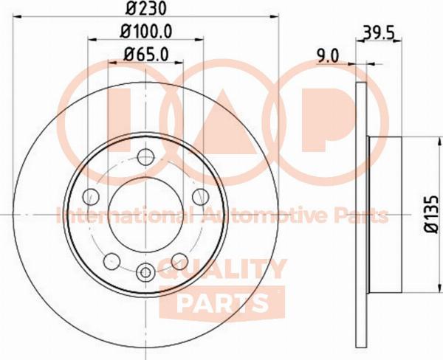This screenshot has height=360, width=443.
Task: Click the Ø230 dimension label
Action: point(145,8)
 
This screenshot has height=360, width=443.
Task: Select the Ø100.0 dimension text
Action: point(146,31)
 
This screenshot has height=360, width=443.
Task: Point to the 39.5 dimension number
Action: point(378,32)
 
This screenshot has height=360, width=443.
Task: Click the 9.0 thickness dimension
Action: point(328,55)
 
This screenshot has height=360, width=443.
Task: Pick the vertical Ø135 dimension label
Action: point(432,215)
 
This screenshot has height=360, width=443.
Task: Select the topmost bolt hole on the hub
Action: point(145,157)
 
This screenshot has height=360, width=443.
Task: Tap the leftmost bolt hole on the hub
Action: point(91,197)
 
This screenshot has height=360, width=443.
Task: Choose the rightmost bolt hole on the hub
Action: point(200,197)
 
